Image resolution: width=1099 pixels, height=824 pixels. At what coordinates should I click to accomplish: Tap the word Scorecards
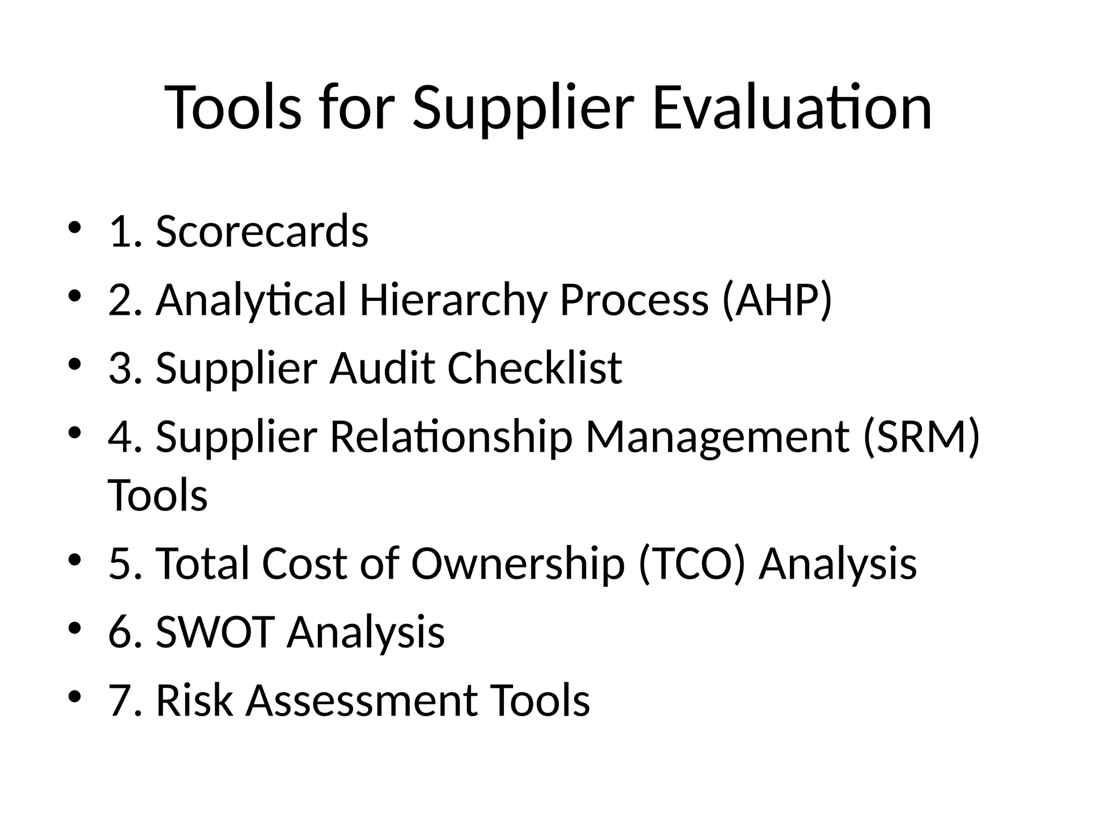(262, 231)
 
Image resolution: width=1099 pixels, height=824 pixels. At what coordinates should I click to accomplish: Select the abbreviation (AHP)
(777, 300)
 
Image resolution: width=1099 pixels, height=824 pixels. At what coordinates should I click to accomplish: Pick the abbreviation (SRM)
(921, 437)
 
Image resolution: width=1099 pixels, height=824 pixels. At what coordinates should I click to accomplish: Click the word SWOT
(216, 631)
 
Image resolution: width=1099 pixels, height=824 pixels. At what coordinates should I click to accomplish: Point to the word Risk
(194, 700)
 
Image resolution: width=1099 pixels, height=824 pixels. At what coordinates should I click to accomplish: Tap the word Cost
(304, 564)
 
